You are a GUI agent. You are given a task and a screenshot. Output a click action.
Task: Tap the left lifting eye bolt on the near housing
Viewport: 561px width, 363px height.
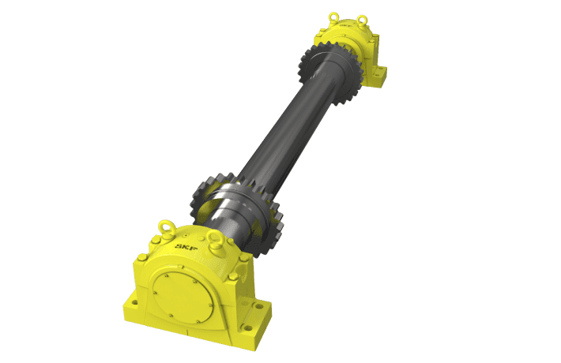point(167,226)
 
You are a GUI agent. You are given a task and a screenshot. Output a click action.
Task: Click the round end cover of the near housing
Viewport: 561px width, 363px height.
point(181,293)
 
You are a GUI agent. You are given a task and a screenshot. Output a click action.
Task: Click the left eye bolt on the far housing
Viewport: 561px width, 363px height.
point(335,17)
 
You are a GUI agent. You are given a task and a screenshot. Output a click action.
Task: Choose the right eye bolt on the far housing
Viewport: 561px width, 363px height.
point(362,21)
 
